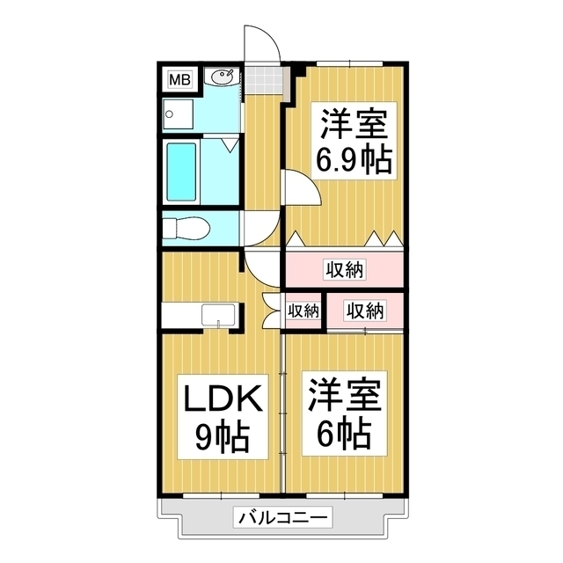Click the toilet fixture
186,228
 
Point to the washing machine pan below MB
179,113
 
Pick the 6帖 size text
344,432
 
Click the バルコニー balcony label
282,518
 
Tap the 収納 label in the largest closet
344,270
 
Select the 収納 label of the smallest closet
303,311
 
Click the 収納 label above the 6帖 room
364,311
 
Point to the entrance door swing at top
261,44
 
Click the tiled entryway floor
265,80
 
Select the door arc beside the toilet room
259,229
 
